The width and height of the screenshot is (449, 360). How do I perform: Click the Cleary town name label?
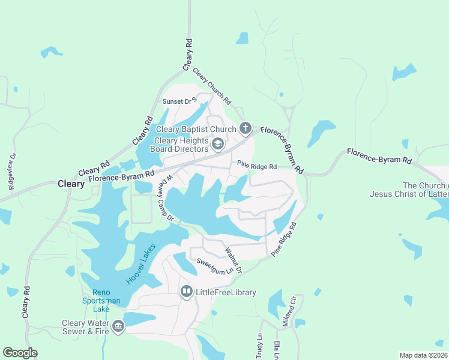pos(71,184)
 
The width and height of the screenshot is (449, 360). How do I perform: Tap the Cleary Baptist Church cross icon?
pos(245,128)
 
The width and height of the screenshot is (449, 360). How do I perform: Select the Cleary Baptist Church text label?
pos(196,129)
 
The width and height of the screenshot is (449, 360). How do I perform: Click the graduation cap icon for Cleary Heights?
pos(218,144)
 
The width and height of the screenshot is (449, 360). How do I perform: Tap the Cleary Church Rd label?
pos(211,86)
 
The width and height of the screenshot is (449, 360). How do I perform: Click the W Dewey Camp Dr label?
pos(166,197)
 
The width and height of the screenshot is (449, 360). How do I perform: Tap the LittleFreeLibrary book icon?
pos(186,292)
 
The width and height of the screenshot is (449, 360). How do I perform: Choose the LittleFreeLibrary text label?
pos(226,293)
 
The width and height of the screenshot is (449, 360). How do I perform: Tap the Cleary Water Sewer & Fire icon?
pos(118,326)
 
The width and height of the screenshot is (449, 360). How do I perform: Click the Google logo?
pos(20,353)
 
